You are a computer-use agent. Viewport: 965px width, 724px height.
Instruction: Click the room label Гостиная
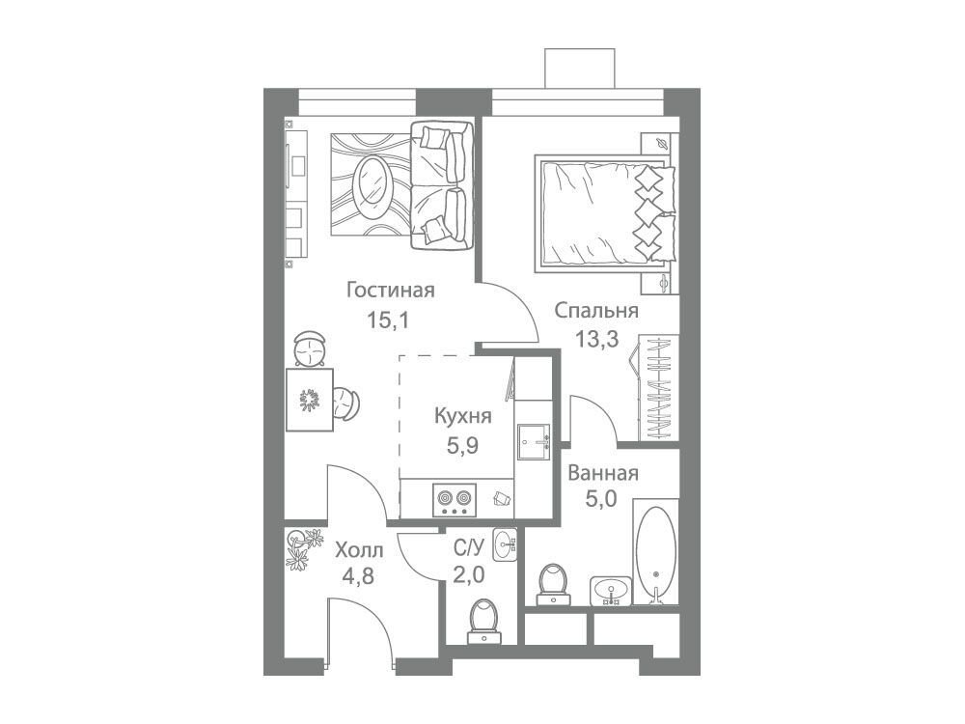coord(390,290)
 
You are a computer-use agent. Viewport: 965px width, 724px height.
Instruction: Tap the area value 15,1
coord(388,320)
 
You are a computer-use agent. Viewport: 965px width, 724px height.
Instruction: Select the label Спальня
coord(595,310)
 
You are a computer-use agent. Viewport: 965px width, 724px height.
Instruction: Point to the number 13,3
coord(596,339)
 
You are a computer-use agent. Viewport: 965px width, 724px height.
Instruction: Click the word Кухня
coord(463,416)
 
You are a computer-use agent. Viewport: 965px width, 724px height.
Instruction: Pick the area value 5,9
coord(463,444)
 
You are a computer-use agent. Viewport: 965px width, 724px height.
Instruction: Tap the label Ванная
coord(603,473)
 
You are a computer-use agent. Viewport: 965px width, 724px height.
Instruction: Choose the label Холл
coord(359,549)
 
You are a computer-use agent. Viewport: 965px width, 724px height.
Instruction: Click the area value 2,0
coord(468,575)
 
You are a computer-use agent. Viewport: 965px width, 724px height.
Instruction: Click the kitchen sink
coord(533,442)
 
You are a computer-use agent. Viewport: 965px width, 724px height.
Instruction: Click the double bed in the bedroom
coord(606,211)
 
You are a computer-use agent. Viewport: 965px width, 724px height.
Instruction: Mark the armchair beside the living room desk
coord(347,404)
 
